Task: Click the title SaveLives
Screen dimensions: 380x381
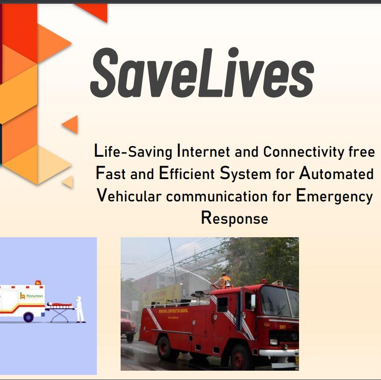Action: pos(202,73)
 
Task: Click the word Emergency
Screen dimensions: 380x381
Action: pos(334,196)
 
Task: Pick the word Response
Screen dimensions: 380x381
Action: pos(234,218)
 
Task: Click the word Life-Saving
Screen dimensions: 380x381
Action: pos(133,152)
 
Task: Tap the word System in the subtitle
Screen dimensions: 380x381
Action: pos(245,174)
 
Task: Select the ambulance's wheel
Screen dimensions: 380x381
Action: pos(28,317)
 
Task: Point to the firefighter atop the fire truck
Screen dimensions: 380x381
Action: pos(225,280)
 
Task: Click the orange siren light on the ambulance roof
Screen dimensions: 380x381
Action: pos(38,282)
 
